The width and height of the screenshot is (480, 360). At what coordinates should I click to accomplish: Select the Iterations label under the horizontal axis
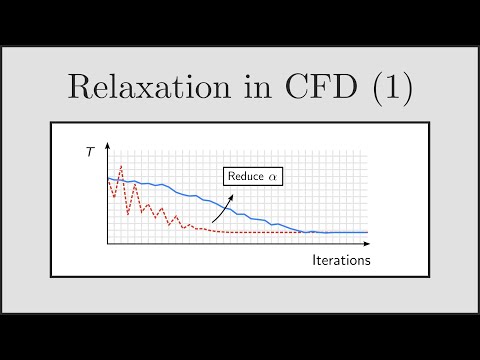[x=339, y=260]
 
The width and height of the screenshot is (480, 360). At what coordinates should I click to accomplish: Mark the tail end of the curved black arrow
[x=212, y=222]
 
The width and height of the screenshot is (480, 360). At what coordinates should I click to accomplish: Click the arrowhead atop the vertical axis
[x=107, y=143]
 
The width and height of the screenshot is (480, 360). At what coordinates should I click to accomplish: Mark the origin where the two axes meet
[x=107, y=244]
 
